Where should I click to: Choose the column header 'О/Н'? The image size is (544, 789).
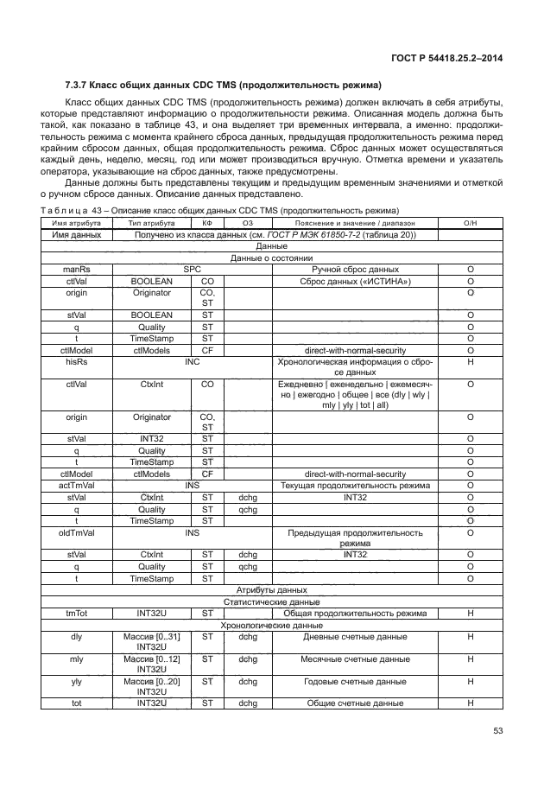(x=471, y=223)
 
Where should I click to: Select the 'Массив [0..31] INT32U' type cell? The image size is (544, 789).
(x=150, y=642)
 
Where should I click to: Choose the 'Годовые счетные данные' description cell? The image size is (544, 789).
(x=356, y=682)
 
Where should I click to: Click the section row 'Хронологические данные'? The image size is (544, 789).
(x=271, y=624)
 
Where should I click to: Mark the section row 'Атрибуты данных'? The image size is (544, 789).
(x=271, y=589)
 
